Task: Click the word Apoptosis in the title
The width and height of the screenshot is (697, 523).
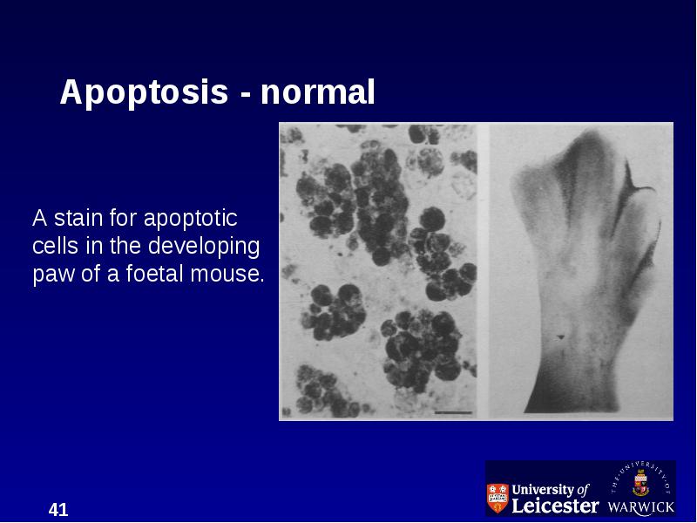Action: click(x=144, y=93)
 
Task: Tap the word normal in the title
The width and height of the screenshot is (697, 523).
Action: click(x=317, y=92)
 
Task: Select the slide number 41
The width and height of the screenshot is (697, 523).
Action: click(x=58, y=510)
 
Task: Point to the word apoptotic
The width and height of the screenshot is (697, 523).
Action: click(x=190, y=220)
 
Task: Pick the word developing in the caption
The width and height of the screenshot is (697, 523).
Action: click(x=204, y=247)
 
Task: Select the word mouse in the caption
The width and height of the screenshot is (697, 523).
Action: click(x=227, y=274)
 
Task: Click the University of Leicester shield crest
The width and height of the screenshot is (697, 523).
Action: click(x=497, y=498)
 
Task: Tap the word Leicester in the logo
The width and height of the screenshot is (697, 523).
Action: click(x=555, y=506)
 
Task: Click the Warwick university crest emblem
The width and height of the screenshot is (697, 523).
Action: click(x=640, y=484)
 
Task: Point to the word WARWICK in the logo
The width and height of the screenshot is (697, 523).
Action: click(x=641, y=507)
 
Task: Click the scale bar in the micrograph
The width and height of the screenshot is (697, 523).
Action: click(x=453, y=412)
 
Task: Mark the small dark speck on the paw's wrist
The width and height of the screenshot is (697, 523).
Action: click(x=560, y=336)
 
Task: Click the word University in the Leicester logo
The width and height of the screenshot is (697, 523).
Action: click(x=542, y=490)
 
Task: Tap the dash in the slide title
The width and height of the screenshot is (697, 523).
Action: click(x=245, y=94)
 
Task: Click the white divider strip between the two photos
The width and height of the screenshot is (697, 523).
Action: click(x=484, y=271)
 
